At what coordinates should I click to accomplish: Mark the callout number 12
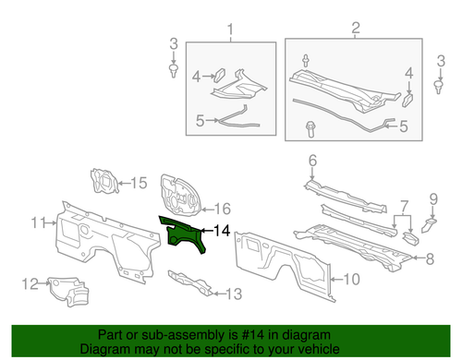28,283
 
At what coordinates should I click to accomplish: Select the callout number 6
312,161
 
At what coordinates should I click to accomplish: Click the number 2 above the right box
356,33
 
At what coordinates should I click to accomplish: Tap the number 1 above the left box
230,33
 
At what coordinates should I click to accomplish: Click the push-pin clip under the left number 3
174,69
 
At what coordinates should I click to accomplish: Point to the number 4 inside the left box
196,78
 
